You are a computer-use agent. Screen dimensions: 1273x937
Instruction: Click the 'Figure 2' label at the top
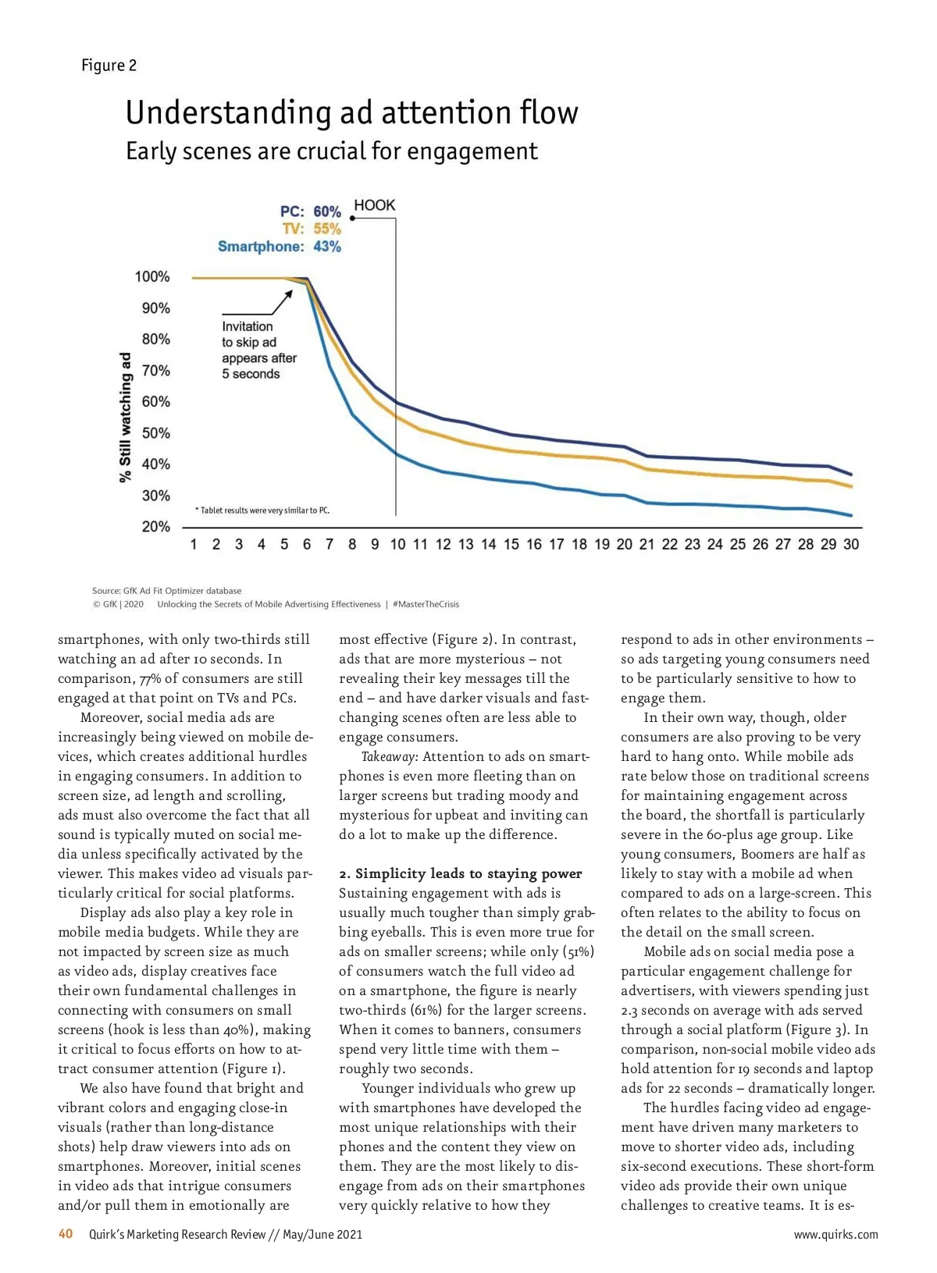109,66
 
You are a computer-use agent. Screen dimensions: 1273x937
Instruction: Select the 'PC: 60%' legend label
311,212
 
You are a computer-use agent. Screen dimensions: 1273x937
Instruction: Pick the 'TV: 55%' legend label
312,229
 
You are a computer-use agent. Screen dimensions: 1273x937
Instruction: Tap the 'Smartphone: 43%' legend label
279,247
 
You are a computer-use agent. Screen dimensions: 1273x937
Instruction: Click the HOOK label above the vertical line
375,205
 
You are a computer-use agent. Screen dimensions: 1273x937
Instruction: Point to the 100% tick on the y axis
152,277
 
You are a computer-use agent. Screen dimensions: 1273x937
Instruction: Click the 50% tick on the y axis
155,433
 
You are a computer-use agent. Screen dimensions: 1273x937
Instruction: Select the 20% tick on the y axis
155,527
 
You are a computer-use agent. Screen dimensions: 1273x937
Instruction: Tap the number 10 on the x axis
397,545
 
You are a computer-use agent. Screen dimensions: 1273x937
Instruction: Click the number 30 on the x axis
851,545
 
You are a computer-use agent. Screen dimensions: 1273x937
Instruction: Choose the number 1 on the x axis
194,545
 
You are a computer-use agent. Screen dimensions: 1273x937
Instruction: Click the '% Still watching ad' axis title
126,417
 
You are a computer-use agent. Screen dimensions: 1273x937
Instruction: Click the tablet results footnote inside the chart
262,510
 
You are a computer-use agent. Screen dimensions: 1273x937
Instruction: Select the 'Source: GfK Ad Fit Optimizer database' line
166,591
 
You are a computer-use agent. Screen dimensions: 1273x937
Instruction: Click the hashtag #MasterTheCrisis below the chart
426,604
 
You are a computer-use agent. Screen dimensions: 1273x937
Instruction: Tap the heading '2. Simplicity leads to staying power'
461,873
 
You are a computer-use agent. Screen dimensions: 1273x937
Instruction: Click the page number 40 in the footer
66,1234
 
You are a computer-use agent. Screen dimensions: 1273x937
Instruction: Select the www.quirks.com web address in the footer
835,1235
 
